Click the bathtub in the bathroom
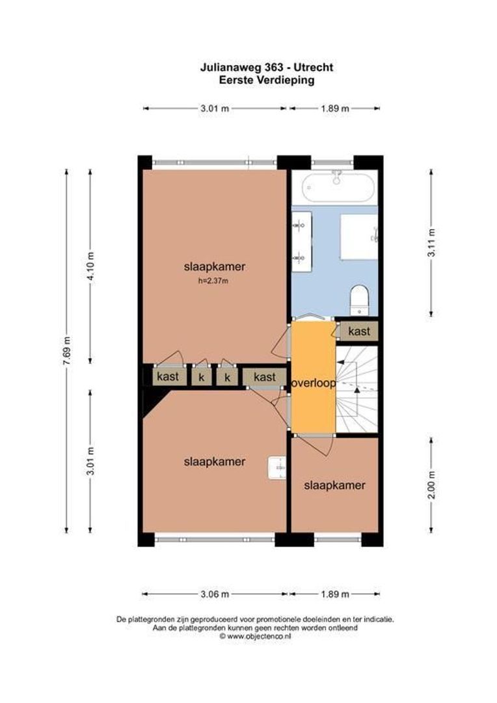[x=338, y=187]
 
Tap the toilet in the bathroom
[x=359, y=300]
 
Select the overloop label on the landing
[x=314, y=383]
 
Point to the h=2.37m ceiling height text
[x=215, y=281]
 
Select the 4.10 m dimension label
[x=90, y=265]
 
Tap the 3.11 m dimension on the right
[x=431, y=242]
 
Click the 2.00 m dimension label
[x=431, y=484]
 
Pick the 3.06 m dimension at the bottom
[x=214, y=594]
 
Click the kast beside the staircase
[x=359, y=331]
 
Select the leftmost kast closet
[x=167, y=377]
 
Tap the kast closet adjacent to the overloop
[x=264, y=377]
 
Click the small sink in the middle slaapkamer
[x=277, y=467]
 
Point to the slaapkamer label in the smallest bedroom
[x=334, y=486]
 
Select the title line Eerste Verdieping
[x=267, y=81]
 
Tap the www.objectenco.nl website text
[x=255, y=637]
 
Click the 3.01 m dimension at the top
[x=214, y=109]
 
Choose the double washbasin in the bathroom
[x=301, y=241]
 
